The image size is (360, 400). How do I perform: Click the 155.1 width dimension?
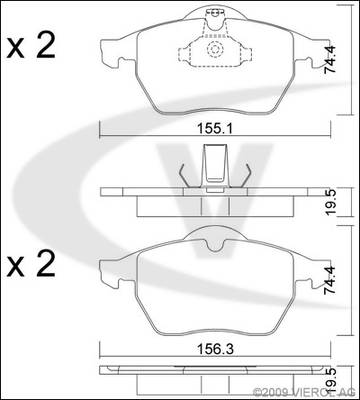[x=215, y=128]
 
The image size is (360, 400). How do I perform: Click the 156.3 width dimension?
[x=215, y=350]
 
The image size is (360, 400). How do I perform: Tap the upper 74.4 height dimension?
[x=330, y=59]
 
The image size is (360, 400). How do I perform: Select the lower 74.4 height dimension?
[x=330, y=280]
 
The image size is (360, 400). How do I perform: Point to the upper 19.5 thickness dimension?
[x=331, y=203]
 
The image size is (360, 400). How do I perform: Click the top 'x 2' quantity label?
[x=31, y=47]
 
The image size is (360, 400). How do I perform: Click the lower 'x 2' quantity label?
[x=31, y=264]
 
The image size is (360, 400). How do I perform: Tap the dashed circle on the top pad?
[x=214, y=49]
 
